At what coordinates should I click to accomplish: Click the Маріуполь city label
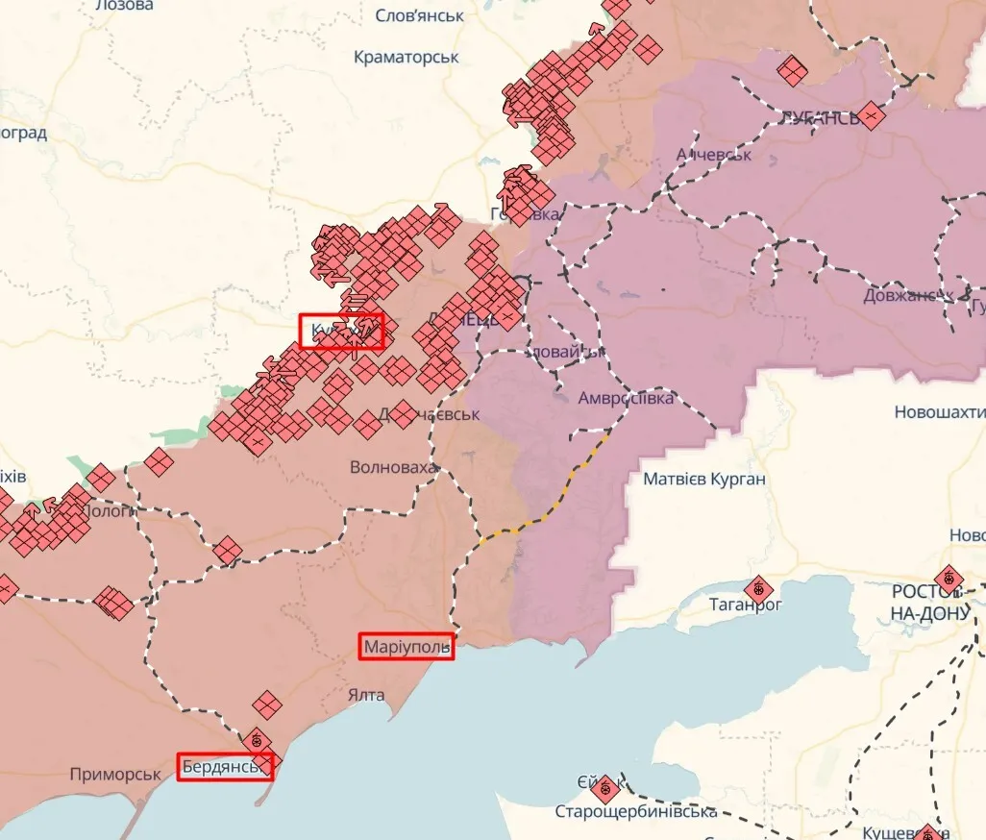coord(407,648)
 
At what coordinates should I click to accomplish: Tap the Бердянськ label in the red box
coord(225,766)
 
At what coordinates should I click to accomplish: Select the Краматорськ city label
coord(407,57)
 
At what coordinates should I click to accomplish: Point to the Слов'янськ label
coord(419,15)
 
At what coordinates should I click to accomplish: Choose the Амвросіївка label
coord(626,398)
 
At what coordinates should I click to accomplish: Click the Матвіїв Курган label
coord(704,479)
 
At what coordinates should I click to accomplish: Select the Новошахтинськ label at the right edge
coord(939,412)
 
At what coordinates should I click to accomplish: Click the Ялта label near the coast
coord(366,695)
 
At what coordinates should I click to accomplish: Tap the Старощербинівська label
coord(635,812)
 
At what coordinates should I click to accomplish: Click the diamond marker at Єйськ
coord(604,790)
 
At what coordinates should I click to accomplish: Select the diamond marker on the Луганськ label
coord(871,116)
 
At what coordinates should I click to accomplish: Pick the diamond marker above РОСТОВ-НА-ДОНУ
coord(949,579)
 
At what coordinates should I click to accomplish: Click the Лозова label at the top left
coord(124,6)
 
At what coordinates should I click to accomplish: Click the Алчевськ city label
coord(713,154)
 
